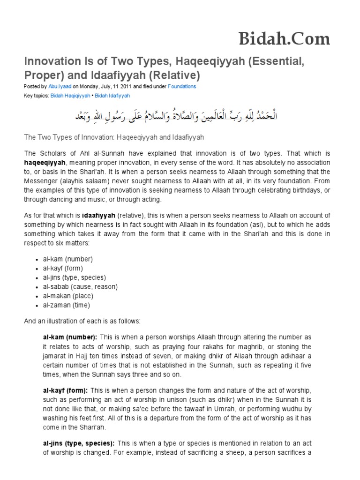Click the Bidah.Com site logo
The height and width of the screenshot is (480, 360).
coord(284,38)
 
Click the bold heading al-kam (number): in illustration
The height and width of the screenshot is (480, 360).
coord(70,337)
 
